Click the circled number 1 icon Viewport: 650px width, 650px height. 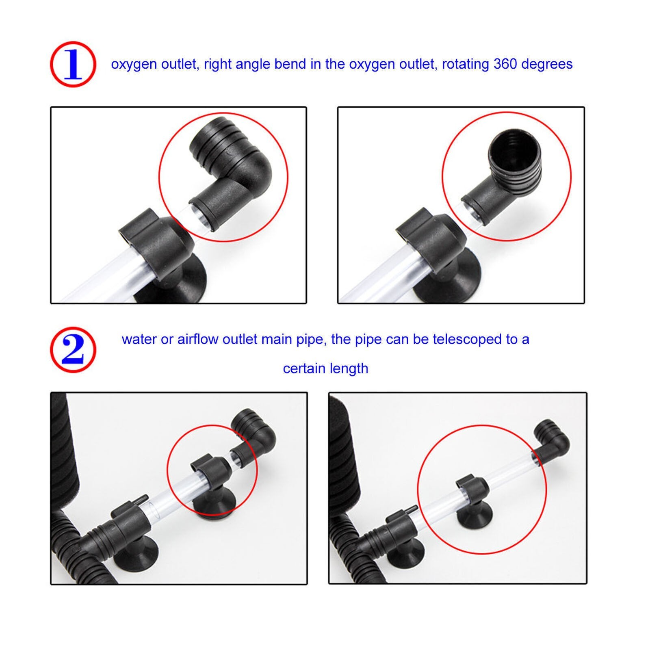coord(73,64)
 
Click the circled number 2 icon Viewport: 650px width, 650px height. coord(73,349)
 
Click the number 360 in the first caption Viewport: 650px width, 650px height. coord(505,64)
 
